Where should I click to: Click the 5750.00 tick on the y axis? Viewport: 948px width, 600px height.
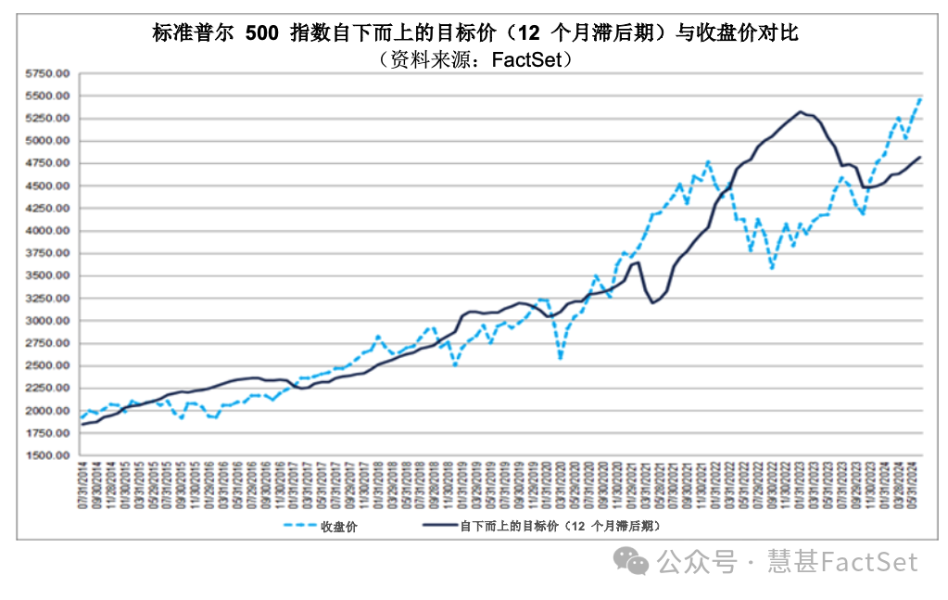pyautogui.click(x=47, y=73)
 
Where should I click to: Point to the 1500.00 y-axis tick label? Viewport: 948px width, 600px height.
pyautogui.click(x=47, y=455)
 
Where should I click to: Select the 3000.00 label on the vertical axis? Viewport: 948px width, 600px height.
pyautogui.click(x=47, y=321)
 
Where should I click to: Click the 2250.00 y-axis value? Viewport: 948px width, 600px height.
pyautogui.click(x=47, y=388)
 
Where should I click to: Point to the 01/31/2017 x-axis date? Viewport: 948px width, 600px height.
pyautogui.click(x=295, y=488)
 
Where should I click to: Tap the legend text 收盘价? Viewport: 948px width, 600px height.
pyautogui.click(x=338, y=526)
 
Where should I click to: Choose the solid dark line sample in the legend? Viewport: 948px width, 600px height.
pyautogui.click(x=440, y=526)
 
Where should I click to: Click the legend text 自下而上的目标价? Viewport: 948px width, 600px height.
pyautogui.click(x=506, y=526)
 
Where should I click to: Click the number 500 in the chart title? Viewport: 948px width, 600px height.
pyautogui.click(x=262, y=33)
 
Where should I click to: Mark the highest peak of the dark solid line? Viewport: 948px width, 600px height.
pyautogui.click(x=801, y=111)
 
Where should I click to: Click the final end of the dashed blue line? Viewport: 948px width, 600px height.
pyautogui.click(x=920, y=98)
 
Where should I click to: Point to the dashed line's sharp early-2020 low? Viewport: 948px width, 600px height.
pyautogui.click(x=560, y=358)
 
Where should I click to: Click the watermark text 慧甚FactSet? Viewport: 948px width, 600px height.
pyautogui.click(x=842, y=561)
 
